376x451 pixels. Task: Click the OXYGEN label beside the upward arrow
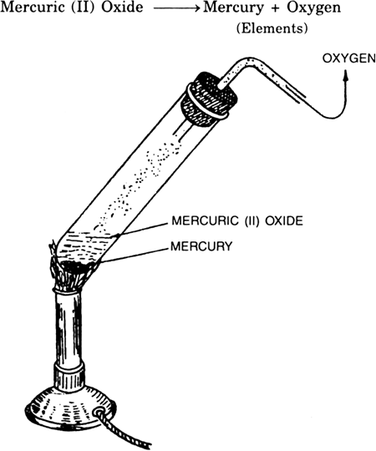pos(348,58)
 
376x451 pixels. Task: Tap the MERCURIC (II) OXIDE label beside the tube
pos(237,220)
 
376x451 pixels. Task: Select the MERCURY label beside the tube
pos(201,246)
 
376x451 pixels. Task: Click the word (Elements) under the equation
pos(272,28)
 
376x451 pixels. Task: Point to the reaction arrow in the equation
pos(176,8)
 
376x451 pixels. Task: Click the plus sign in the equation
pos(275,8)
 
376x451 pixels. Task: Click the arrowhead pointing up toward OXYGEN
pos(346,76)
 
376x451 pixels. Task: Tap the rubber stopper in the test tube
pos(209,99)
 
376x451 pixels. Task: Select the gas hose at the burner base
pos(124,428)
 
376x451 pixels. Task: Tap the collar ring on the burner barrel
pos(69,374)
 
